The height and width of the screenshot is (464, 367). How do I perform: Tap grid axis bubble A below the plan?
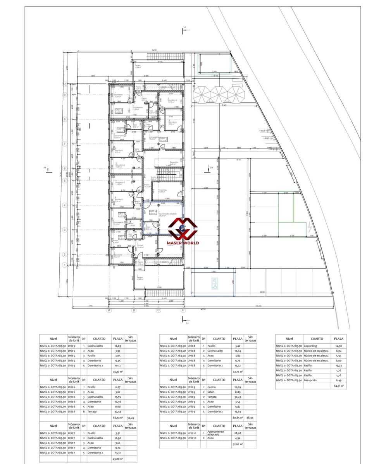coord(109,310)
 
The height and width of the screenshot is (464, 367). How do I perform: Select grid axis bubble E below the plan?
coord(183,310)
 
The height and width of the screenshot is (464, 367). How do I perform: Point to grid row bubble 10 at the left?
coord(65,84)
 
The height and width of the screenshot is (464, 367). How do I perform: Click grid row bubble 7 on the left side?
coord(65,144)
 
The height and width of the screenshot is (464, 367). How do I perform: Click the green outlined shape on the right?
coord(293,208)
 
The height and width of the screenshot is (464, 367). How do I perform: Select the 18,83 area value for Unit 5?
coord(117,346)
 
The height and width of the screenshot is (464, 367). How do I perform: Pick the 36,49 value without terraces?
coord(131,417)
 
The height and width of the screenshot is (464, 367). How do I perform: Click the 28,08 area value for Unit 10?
coord(237,433)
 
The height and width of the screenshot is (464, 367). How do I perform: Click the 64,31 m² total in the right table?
coord(338,386)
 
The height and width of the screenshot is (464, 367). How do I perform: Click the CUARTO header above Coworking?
coord(317,338)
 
